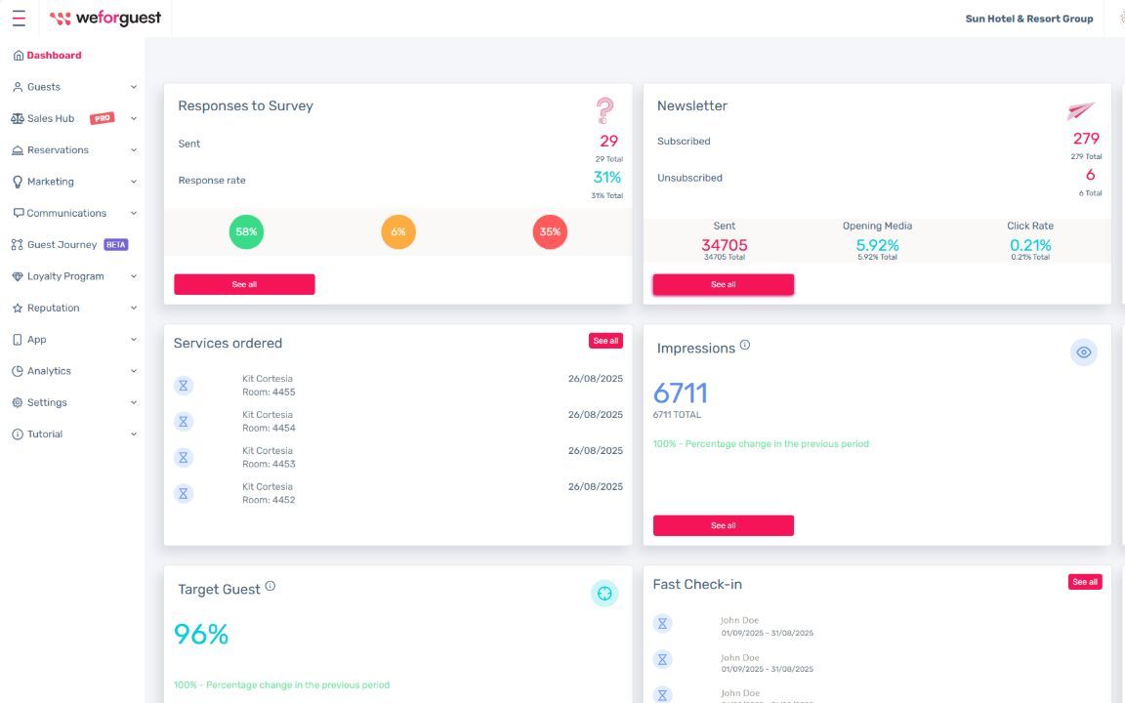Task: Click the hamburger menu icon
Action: [19, 19]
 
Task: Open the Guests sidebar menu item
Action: [43, 87]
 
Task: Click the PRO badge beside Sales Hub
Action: [102, 118]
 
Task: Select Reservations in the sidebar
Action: [58, 150]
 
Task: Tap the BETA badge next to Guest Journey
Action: [116, 245]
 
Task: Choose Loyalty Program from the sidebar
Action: [64, 276]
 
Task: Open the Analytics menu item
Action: [49, 371]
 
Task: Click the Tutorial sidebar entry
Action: [44, 434]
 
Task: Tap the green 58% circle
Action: [246, 232]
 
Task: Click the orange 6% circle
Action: [397, 232]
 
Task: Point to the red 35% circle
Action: [550, 232]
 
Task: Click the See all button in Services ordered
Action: [605, 341]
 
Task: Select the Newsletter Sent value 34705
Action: [724, 245]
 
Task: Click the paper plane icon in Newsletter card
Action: [1080, 110]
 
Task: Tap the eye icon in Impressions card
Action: [1083, 352]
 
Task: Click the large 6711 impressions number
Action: [680, 393]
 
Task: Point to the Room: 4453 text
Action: [269, 464]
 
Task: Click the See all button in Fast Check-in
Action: [1084, 582]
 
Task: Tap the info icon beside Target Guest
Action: [271, 587]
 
